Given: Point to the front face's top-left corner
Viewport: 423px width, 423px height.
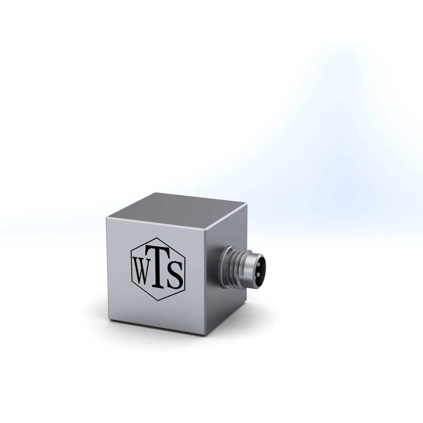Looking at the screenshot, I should coord(106,219).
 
